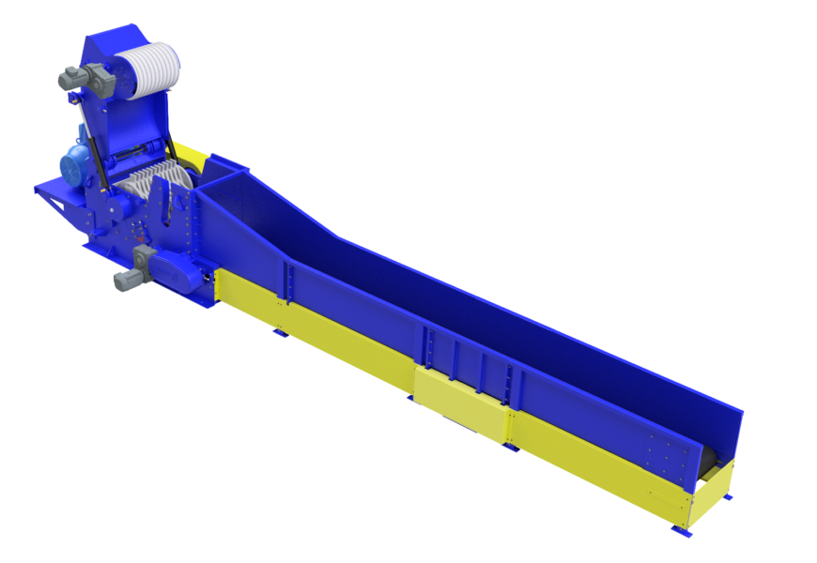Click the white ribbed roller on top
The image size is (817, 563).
point(149,70)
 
